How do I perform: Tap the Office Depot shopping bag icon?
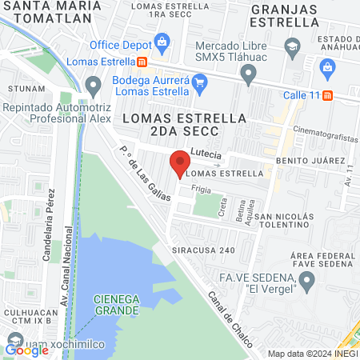pyautogui.click(x=162, y=41)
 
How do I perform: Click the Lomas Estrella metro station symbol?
pyautogui.click(x=142, y=62)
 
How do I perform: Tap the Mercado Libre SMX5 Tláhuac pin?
pyautogui.click(x=248, y=75)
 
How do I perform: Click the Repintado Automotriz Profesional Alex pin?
pyautogui.click(x=94, y=85)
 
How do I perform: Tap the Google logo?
pyautogui.click(x=26, y=349)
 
